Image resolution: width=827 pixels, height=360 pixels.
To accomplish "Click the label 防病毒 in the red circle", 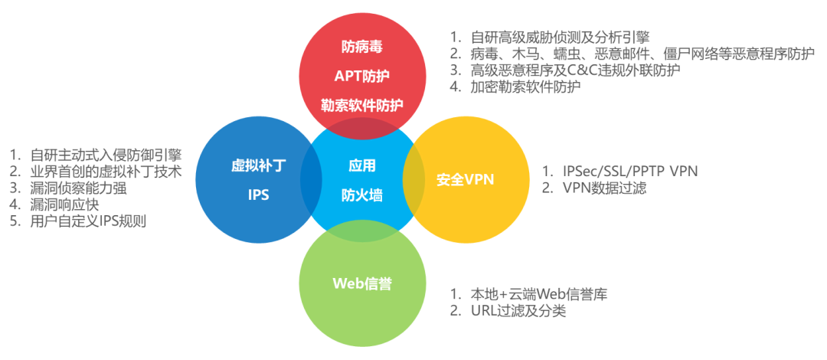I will click(361, 46).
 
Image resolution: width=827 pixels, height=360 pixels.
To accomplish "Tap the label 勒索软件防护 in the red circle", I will click(361, 104).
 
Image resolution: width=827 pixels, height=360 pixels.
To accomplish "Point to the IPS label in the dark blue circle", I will click(259, 195).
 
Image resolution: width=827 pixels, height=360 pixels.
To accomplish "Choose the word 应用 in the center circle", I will click(361, 165).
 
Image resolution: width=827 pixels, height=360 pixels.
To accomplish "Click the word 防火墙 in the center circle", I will click(361, 195).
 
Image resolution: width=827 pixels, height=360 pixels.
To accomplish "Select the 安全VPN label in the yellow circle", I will click(466, 180).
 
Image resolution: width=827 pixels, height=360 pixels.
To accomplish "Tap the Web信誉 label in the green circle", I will click(361, 284).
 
